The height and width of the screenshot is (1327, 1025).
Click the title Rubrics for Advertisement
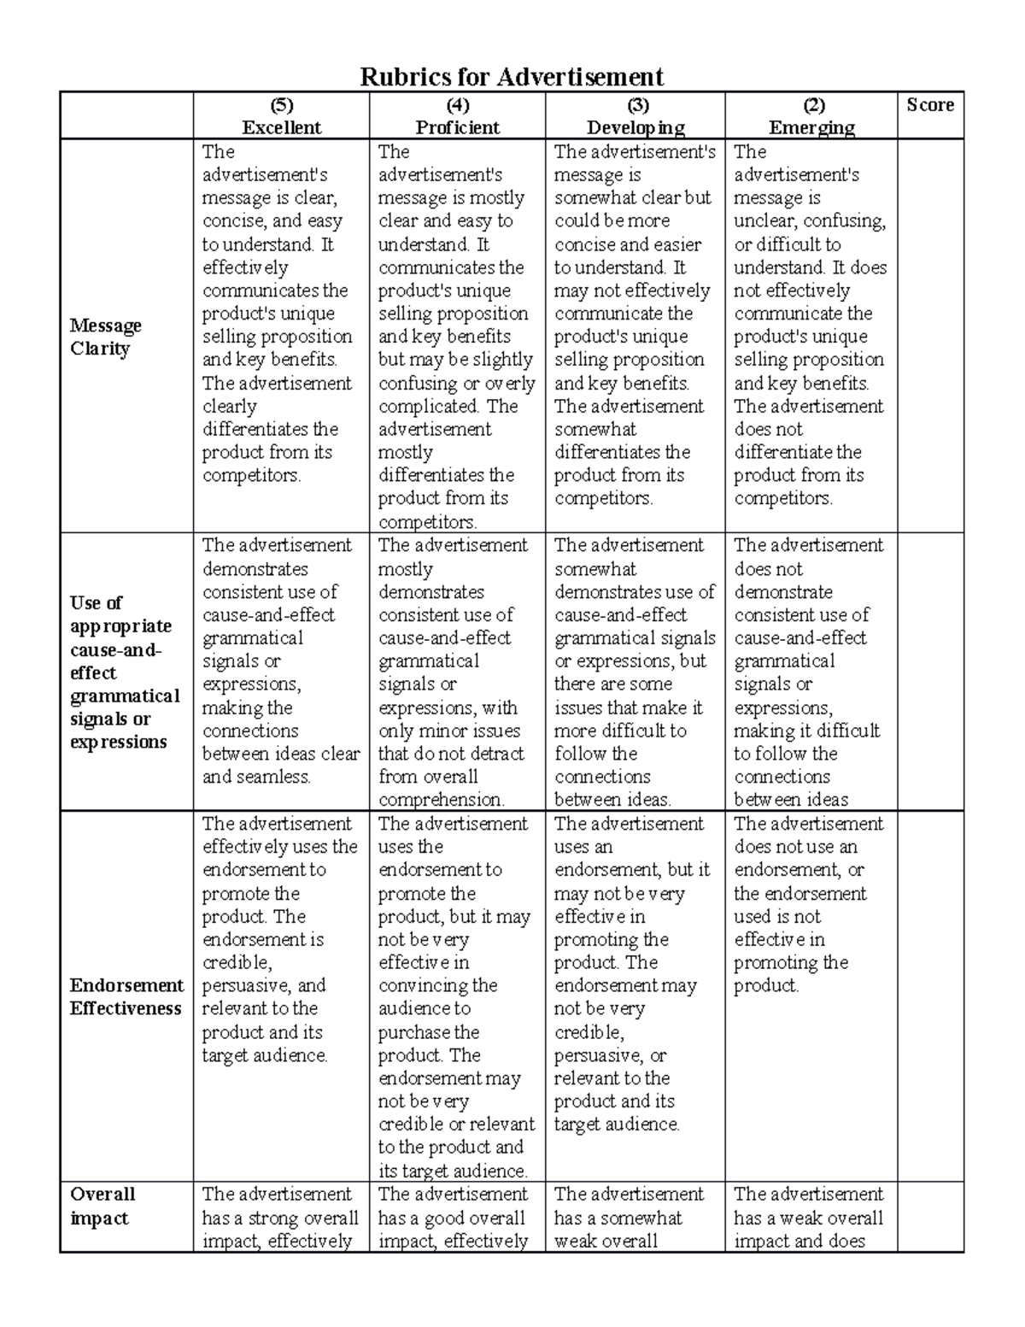[x=512, y=77]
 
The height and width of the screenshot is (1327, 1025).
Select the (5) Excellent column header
[x=281, y=116]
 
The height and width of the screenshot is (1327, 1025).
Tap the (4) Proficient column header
[x=457, y=116]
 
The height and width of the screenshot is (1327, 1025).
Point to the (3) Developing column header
[x=635, y=116]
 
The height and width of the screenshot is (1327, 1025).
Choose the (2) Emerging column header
[x=811, y=116]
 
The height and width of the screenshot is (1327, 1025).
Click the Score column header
[x=930, y=105]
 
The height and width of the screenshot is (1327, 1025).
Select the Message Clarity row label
[x=105, y=337]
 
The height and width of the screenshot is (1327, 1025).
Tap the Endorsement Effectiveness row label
[x=126, y=997]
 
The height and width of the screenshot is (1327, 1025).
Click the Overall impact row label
[x=102, y=1206]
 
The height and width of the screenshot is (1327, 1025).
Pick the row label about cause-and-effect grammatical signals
[x=124, y=672]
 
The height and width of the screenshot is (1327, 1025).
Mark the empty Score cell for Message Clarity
[x=930, y=337]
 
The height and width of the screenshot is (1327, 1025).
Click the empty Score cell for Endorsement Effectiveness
[x=930, y=997]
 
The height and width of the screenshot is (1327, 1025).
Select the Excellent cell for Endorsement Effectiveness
[x=280, y=940]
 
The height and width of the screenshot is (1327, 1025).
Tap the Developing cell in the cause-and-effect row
[x=635, y=672]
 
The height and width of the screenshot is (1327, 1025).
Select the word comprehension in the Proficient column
[x=441, y=801]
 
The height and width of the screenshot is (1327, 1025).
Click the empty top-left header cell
[x=126, y=116]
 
